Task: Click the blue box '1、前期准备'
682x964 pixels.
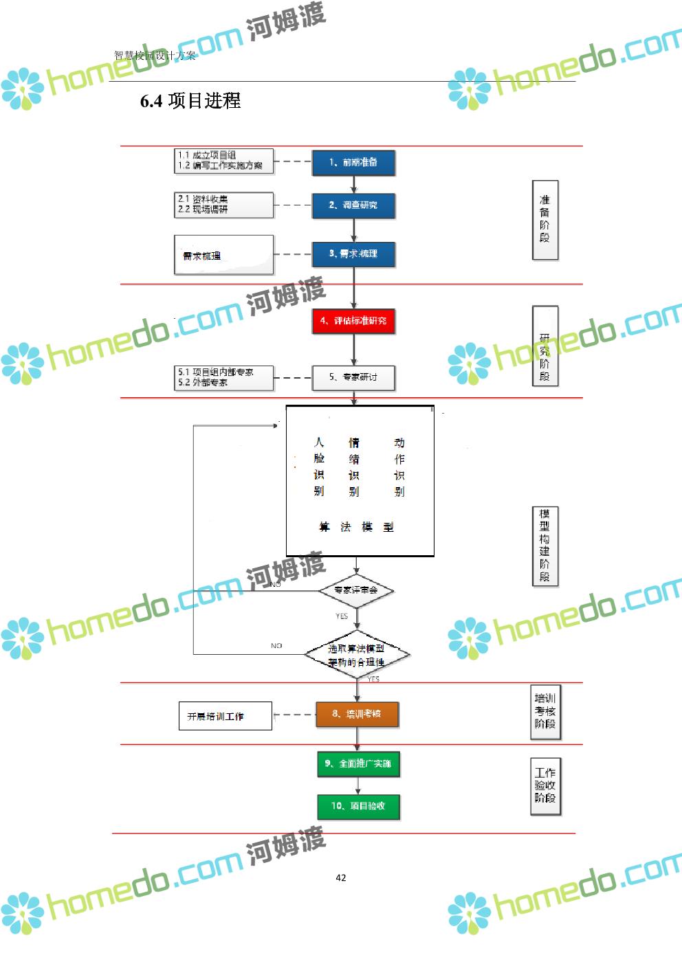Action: [x=353, y=163]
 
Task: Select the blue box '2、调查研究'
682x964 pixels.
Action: [x=353, y=205]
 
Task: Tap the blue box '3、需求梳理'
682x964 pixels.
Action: [x=353, y=254]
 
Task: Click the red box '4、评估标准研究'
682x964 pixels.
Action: [x=353, y=321]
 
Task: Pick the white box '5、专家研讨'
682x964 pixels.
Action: [x=353, y=377]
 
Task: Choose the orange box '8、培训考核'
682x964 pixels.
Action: [x=357, y=714]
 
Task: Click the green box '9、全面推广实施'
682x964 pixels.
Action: [x=357, y=763]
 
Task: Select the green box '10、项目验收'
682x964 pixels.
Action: [x=357, y=806]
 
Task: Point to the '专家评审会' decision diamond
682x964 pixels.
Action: [x=356, y=590]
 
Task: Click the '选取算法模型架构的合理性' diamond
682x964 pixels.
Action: [x=357, y=655]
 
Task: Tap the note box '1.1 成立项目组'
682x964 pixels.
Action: [x=223, y=161]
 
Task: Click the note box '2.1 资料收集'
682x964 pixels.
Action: [x=223, y=205]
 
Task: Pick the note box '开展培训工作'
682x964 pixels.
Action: [x=225, y=716]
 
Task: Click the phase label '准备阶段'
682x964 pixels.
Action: [x=545, y=220]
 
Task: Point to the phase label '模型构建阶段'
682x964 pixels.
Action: [x=545, y=546]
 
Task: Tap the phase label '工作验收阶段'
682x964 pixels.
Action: [x=546, y=785]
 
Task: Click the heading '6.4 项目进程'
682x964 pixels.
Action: [x=190, y=101]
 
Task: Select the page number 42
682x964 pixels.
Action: [x=341, y=877]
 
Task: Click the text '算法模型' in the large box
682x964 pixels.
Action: [x=356, y=527]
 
